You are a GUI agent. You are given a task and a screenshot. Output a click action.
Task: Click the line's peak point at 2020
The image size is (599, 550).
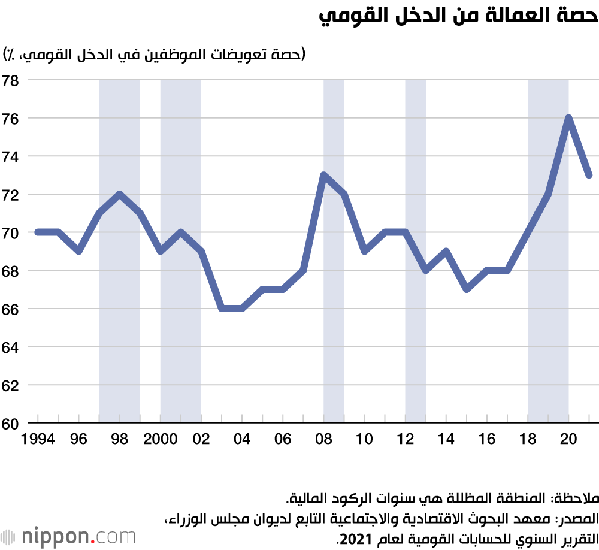click(568, 118)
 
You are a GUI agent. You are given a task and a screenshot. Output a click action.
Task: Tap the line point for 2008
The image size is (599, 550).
click(323, 175)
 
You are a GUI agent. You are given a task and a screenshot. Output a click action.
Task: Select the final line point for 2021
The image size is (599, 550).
click(589, 175)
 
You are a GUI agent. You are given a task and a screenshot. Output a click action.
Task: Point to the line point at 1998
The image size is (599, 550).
click(120, 194)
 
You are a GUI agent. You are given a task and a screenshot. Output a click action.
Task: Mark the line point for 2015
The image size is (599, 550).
click(467, 289)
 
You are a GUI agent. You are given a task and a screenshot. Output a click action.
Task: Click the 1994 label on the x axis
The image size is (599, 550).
click(38, 439)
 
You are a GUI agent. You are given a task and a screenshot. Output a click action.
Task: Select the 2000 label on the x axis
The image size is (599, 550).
click(161, 439)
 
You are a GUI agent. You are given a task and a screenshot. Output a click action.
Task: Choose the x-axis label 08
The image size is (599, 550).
click(324, 439)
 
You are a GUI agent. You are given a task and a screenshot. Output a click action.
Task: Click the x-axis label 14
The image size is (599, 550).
click(446, 439)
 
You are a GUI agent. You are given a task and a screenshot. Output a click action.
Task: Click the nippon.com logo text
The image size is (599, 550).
click(78, 535)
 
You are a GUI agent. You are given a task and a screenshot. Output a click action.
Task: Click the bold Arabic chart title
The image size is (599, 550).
click(458, 17)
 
